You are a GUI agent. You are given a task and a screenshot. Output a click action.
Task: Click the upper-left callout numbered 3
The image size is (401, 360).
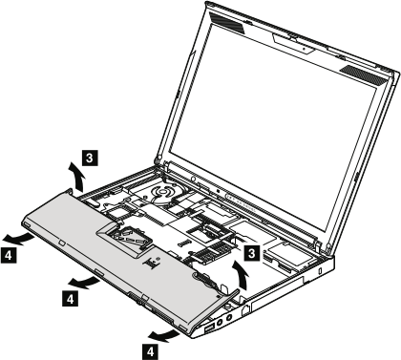88,154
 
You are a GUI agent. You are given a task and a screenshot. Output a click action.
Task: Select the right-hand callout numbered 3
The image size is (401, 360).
251,253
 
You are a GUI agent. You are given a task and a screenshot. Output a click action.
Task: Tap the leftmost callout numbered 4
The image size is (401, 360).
10,255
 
